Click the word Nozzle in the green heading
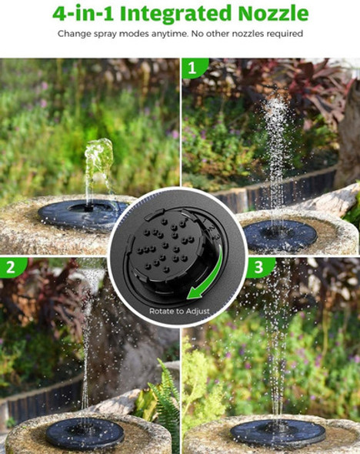274,13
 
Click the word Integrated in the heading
175,14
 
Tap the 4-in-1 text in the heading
83,14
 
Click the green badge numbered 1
194,68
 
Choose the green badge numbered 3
259,267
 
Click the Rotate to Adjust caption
179,311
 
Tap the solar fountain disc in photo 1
280,235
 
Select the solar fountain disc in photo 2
85,433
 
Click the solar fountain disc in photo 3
278,433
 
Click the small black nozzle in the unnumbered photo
89,208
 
